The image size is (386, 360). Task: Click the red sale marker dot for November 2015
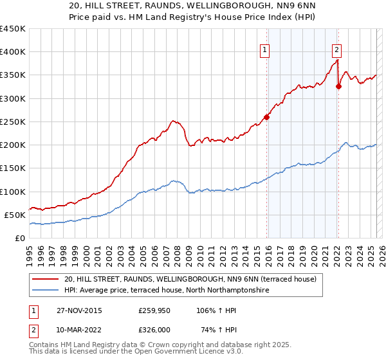(266, 117)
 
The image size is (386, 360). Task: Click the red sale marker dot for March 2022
(338, 86)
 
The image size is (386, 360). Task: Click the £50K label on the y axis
(15, 215)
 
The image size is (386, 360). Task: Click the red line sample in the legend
(46, 280)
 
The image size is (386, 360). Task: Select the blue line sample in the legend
(46, 291)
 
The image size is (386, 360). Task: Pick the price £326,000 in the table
(154, 330)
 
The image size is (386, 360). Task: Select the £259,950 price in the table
(154, 310)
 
